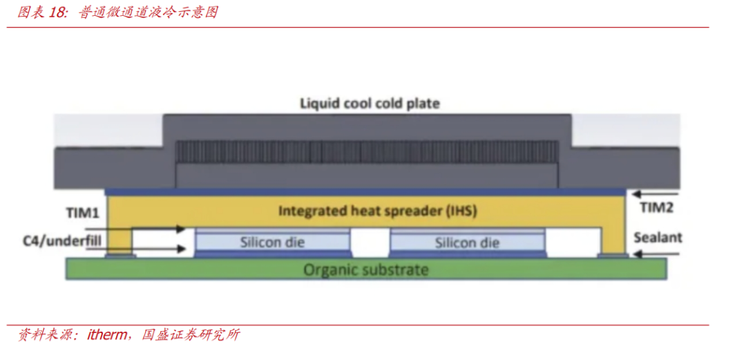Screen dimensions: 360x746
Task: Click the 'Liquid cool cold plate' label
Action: (x=370, y=104)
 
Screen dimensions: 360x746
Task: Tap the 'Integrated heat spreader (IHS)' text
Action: (x=377, y=211)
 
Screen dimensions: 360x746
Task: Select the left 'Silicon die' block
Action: (x=272, y=242)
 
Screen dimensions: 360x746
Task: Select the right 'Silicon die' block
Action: (x=467, y=242)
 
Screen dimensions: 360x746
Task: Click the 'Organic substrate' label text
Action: (x=366, y=269)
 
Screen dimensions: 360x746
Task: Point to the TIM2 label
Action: (x=656, y=207)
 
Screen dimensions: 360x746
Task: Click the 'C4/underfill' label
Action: (x=61, y=242)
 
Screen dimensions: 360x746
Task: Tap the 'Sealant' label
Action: (x=658, y=238)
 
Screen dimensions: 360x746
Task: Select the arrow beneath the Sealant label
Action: (x=656, y=254)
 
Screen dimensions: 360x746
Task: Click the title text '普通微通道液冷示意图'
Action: (x=148, y=12)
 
